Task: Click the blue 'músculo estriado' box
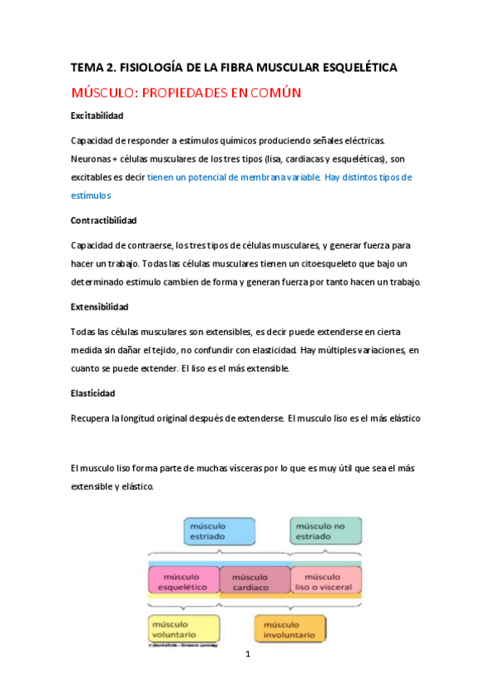tap(219, 531)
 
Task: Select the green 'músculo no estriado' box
tap(325, 530)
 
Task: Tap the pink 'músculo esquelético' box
tap(183, 580)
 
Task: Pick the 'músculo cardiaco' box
tap(255, 580)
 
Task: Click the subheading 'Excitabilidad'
tap(97, 116)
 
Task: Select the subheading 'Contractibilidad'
tap(103, 221)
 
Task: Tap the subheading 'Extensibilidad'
tap(100, 307)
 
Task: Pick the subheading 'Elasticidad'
tap(93, 394)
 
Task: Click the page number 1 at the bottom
tap(247, 655)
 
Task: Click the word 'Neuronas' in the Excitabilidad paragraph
tap(92, 158)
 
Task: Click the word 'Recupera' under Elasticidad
tap(93, 419)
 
